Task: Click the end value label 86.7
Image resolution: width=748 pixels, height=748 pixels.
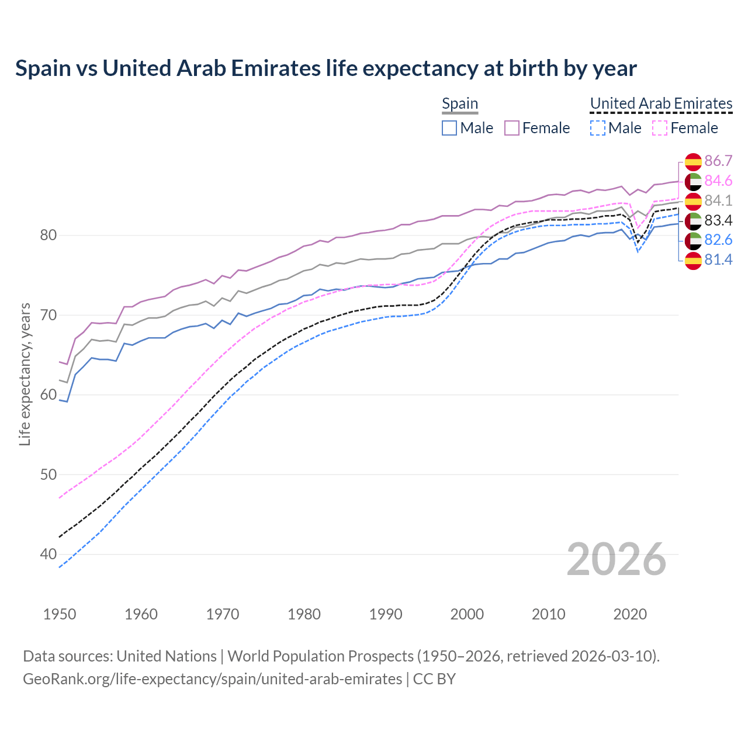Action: pyautogui.click(x=718, y=161)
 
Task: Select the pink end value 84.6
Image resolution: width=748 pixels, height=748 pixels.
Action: pyautogui.click(x=718, y=181)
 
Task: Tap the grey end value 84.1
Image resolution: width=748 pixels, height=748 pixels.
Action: pyautogui.click(x=718, y=201)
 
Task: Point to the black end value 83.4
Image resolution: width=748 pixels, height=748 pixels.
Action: pyautogui.click(x=718, y=220)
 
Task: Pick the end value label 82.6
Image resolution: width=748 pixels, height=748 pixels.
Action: pyautogui.click(x=718, y=240)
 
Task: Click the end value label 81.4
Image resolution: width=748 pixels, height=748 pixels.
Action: pyautogui.click(x=718, y=260)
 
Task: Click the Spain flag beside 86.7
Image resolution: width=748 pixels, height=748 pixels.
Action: pyautogui.click(x=693, y=162)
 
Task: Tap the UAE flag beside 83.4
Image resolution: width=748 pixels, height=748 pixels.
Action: pyautogui.click(x=693, y=221)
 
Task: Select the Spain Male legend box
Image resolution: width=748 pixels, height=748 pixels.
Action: pyautogui.click(x=449, y=128)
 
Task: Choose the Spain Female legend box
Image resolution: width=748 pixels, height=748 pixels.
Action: pyautogui.click(x=512, y=128)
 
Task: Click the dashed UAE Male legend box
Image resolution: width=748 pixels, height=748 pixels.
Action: pyautogui.click(x=597, y=128)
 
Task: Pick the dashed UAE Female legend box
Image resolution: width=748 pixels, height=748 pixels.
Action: pyautogui.click(x=660, y=128)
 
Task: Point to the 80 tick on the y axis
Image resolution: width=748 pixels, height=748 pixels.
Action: pyautogui.click(x=48, y=236)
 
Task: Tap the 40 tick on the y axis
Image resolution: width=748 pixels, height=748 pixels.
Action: pyautogui.click(x=48, y=554)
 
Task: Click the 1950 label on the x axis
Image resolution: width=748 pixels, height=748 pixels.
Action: pyautogui.click(x=60, y=614)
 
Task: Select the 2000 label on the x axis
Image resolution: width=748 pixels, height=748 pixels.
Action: pyautogui.click(x=467, y=614)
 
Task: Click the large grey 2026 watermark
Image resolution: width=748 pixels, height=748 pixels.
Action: pyautogui.click(x=616, y=559)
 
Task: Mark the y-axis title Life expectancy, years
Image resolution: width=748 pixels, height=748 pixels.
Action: pyautogui.click(x=25, y=374)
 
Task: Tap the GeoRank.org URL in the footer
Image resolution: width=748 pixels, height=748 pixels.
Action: pyautogui.click(x=212, y=679)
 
